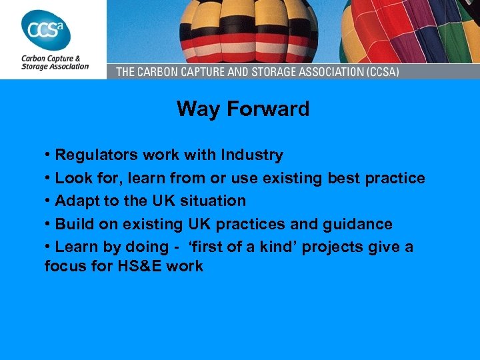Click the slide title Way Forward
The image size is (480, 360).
(x=243, y=109)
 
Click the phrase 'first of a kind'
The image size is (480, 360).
(x=243, y=247)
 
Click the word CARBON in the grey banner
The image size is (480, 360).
(x=163, y=71)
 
